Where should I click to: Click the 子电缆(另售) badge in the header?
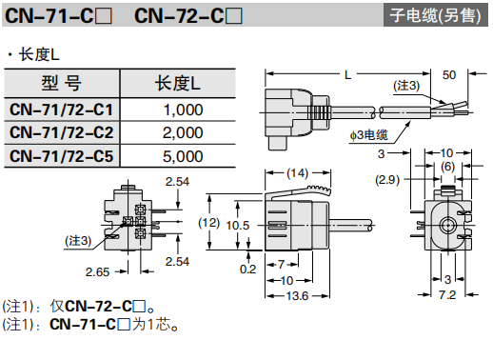click(x=435, y=15)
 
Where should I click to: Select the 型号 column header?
click(x=62, y=84)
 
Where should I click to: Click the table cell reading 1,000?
click(x=183, y=110)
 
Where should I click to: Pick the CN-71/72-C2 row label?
click(x=61, y=132)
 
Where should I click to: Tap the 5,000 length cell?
click(x=183, y=156)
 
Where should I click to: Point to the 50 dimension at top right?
click(x=449, y=75)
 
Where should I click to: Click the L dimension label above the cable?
click(x=348, y=75)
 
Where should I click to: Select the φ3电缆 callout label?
click(x=369, y=135)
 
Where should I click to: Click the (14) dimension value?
click(x=297, y=173)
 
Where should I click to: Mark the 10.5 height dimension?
click(x=238, y=226)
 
